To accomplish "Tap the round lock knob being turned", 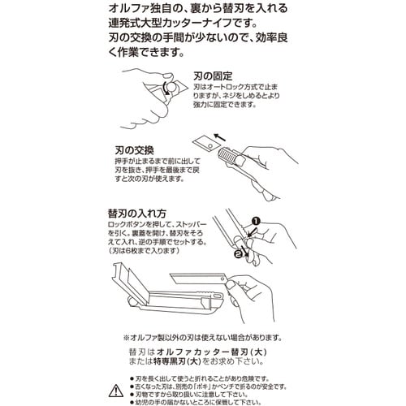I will tap(168, 88).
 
